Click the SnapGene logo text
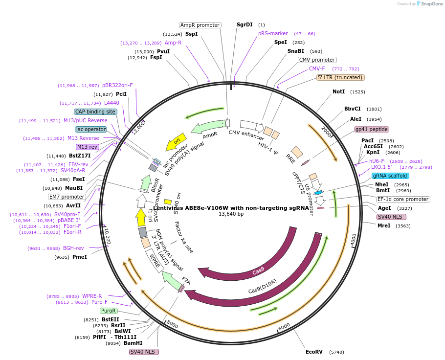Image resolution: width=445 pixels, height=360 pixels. click(432, 4)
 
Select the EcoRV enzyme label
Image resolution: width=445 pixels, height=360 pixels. click(314, 352)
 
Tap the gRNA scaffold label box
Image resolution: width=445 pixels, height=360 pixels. click(390, 176)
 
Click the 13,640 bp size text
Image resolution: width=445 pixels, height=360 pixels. click(231, 214)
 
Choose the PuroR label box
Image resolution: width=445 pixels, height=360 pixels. click(109, 311)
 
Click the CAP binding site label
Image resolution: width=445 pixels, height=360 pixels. click(95, 112)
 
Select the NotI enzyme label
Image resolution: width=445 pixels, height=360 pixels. click(338, 91)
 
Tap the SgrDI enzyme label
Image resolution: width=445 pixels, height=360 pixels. click(245, 24)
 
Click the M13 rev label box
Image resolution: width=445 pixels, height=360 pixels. click(87, 147)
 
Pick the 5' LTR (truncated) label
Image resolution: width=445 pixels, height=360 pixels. click(340, 77)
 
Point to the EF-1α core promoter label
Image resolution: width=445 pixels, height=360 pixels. click(403, 199)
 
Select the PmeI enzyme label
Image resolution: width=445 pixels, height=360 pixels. click(80, 257)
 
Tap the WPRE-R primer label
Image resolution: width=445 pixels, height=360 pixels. click(92, 296)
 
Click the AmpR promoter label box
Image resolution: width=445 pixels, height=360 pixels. click(200, 25)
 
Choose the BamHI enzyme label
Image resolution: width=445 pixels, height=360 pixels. click(133, 343)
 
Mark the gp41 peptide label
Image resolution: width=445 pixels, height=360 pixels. click(372, 129)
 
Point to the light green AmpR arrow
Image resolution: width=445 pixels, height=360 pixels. click(208, 127)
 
